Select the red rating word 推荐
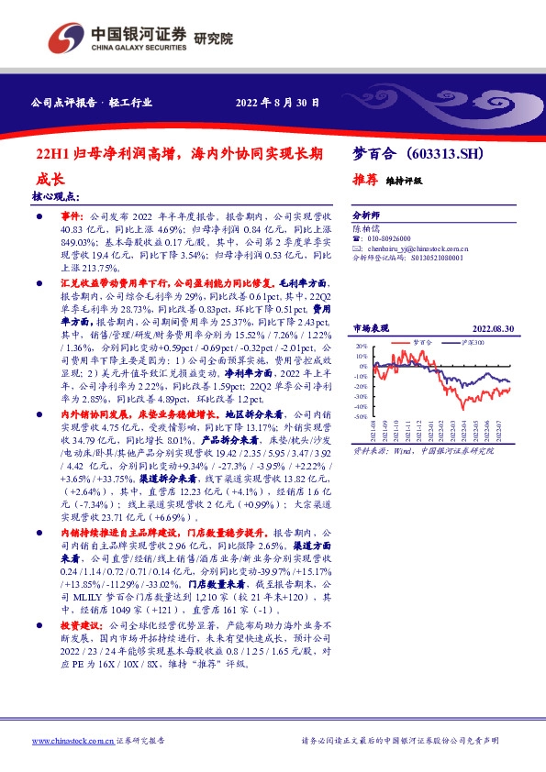(366, 180)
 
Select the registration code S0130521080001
(437, 259)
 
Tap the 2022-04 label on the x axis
(465, 429)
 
